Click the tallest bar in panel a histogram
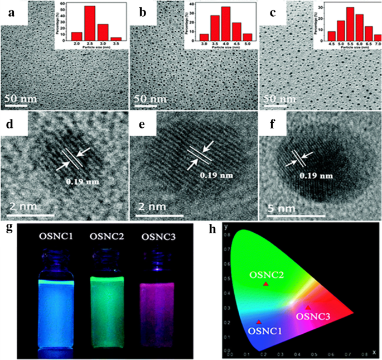click(x=88, y=23)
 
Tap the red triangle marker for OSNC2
click(x=266, y=284)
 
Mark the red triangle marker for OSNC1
click(x=259, y=322)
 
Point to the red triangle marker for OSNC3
click(x=308, y=308)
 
